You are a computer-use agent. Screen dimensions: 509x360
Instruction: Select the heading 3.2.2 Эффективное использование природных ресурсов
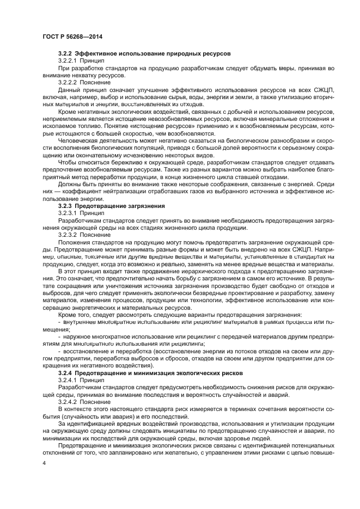(x=144, y=53)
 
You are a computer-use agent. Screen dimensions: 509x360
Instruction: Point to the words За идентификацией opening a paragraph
(x=85, y=422)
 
